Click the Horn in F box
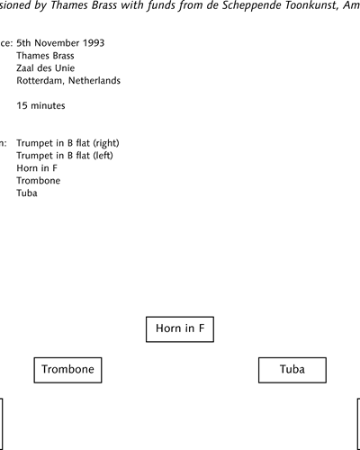coord(180,329)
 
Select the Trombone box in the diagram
coord(67,370)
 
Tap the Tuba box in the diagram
coord(292,370)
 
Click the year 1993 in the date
coord(94,43)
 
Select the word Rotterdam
coord(40,81)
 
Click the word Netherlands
coord(94,80)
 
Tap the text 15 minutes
coord(40,105)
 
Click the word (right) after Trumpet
coord(106,143)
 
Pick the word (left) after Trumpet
coord(103,156)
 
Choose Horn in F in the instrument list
coord(37,168)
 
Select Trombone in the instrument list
coord(39,181)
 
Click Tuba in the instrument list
coord(27,193)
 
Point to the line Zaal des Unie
coord(46,68)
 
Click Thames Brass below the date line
coord(45,56)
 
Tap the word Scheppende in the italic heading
coord(252,5)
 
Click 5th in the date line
coord(23,43)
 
